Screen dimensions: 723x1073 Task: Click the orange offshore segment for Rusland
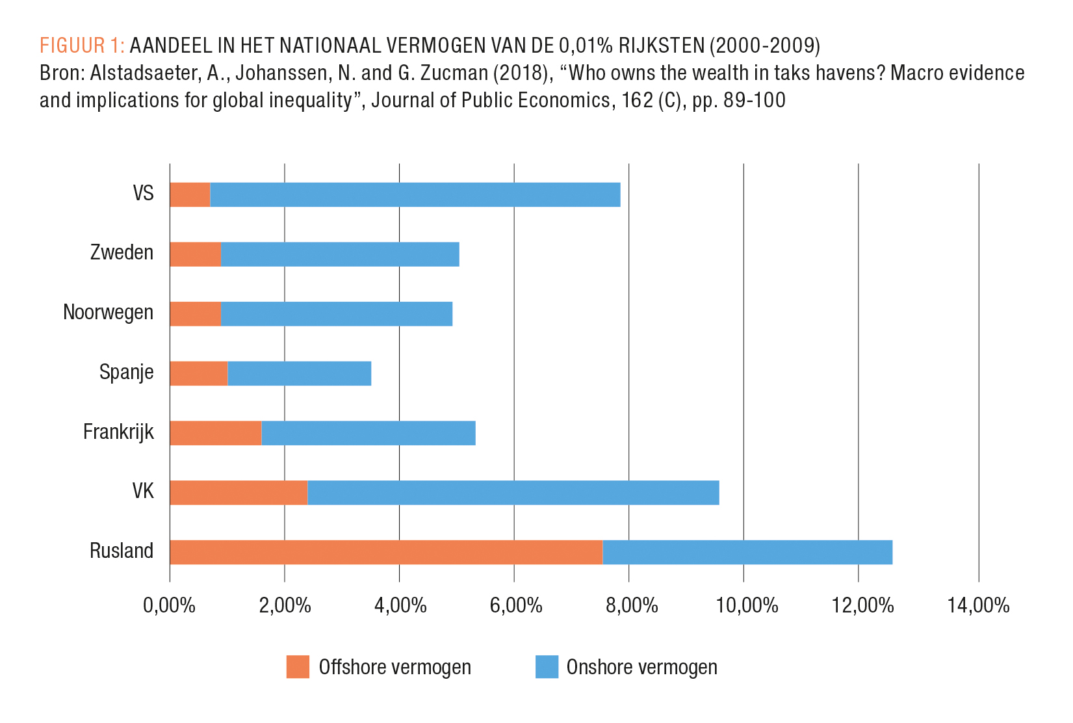[386, 552]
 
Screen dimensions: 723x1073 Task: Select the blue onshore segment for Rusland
[747, 552]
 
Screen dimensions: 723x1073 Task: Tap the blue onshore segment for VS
[415, 194]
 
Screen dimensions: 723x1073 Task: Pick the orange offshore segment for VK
[239, 492]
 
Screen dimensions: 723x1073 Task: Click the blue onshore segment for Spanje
[300, 373]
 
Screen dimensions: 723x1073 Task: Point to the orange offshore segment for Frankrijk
[216, 433]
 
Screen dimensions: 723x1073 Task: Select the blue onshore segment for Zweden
[340, 254]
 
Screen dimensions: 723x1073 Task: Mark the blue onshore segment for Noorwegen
[337, 313]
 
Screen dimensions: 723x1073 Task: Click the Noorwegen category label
[109, 313]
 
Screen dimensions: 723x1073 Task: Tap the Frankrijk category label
[118, 432]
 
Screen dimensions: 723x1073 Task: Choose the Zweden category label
[122, 253]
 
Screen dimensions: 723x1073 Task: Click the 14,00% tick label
[978, 605]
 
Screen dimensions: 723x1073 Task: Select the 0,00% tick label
[170, 605]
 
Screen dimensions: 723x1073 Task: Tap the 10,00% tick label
[747, 605]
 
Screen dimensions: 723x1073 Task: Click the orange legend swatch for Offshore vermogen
[298, 667]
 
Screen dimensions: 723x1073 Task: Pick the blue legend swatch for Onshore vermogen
[547, 667]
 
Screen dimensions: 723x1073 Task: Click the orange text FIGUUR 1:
[82, 46]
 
